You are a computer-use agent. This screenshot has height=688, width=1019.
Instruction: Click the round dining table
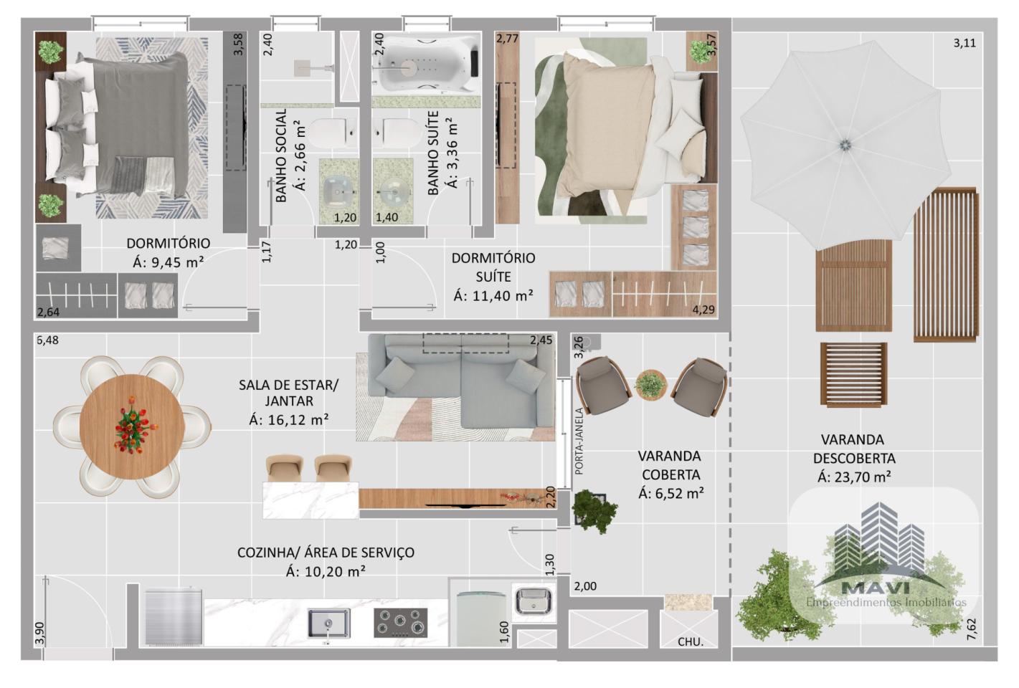pos(133,426)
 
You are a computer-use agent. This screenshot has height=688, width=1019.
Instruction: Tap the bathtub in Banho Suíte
pos(426,64)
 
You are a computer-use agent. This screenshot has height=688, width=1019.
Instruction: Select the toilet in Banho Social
pos(333,133)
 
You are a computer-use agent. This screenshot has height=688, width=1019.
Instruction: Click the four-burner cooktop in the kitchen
pos(400,622)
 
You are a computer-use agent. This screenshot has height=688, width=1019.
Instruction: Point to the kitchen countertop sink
pos(328,623)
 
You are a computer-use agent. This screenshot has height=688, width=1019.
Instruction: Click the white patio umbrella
pos(845,145)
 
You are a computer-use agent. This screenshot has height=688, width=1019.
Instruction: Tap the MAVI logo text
pos(876,588)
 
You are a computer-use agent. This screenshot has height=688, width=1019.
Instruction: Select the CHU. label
pos(691,641)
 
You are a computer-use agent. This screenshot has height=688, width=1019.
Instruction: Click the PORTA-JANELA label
pos(579,441)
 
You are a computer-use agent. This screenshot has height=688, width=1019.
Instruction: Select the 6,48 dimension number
pos(47,340)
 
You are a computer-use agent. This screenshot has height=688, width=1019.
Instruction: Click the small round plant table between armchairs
pos(651,385)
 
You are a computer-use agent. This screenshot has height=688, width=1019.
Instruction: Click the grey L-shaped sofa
pos(461,381)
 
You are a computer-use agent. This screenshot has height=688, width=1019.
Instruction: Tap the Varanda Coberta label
pos(671,465)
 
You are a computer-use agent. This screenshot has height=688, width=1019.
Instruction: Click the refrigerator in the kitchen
pos(173,616)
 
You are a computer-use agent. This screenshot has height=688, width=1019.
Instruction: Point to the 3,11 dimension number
pos(965,43)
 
